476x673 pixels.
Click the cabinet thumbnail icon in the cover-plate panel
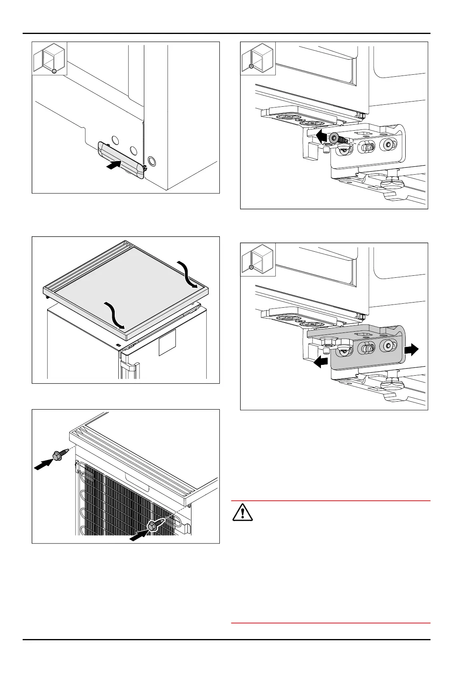click(x=50, y=58)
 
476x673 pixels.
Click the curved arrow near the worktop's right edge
click(x=186, y=274)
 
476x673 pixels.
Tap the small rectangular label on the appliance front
click(x=167, y=342)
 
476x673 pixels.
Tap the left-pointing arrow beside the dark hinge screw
click(x=322, y=136)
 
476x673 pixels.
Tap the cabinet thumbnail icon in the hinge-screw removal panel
click(x=258, y=58)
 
